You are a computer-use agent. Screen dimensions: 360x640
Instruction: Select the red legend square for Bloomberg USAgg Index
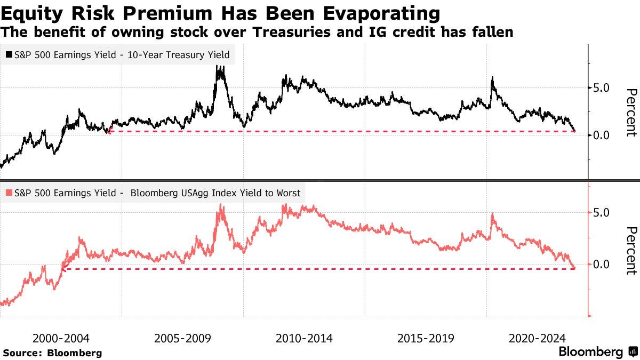pyautogui.click(x=9, y=193)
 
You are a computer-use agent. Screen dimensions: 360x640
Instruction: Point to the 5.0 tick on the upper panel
pyautogui.click(x=602, y=87)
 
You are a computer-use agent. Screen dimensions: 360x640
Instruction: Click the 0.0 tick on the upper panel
pyautogui.click(x=602, y=135)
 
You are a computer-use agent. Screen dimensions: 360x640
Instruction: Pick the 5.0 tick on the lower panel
pyautogui.click(x=602, y=212)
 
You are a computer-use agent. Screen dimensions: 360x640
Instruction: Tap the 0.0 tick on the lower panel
pyautogui.click(x=602, y=264)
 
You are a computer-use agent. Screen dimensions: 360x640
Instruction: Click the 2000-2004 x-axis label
pyautogui.click(x=61, y=338)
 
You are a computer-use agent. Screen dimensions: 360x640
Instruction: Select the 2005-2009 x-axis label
pyautogui.click(x=183, y=338)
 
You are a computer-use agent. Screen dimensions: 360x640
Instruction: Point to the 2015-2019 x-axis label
pyautogui.click(x=426, y=338)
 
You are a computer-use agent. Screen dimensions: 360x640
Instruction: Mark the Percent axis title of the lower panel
pyautogui.click(x=631, y=251)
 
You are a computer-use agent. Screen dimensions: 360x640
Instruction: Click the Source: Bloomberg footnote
pyautogui.click(x=52, y=353)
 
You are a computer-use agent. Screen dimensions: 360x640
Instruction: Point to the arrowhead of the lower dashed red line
pyautogui.click(x=62, y=269)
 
